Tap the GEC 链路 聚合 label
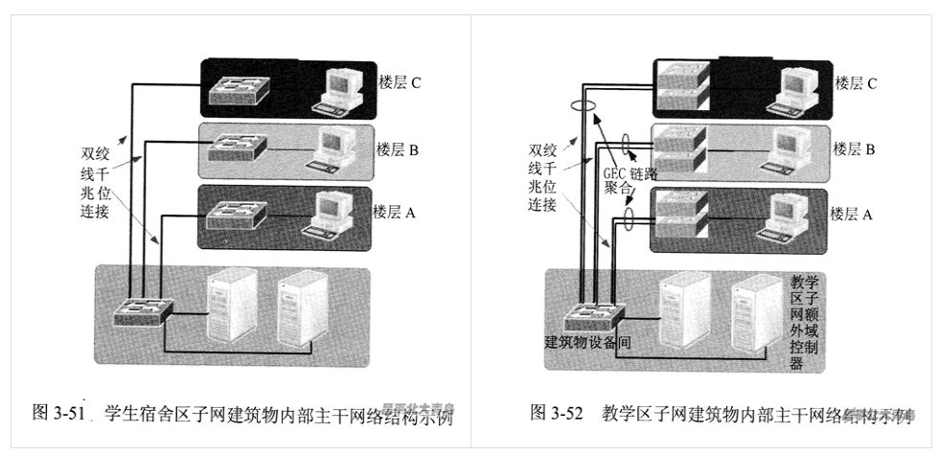(631, 181)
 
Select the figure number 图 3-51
(59, 413)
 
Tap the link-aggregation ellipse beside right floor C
(580, 106)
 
